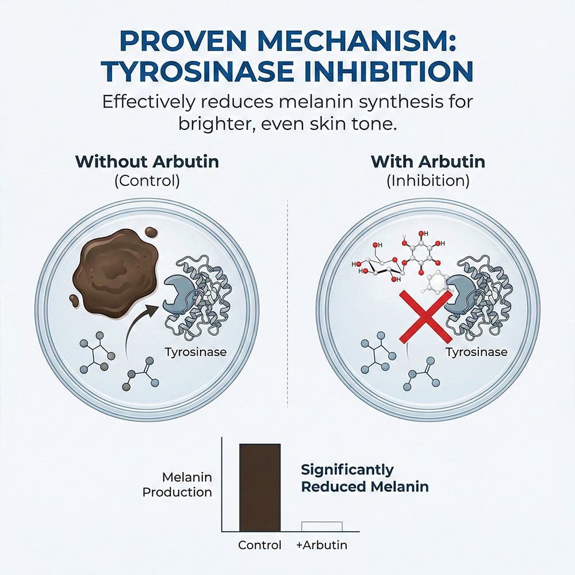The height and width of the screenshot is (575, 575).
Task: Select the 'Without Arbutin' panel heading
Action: pyautogui.click(x=147, y=162)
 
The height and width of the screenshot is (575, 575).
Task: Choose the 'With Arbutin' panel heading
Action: pyautogui.click(x=428, y=162)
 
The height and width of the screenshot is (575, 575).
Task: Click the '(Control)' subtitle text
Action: pyautogui.click(x=147, y=181)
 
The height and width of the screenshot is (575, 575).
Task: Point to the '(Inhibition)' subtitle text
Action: pyautogui.click(x=428, y=181)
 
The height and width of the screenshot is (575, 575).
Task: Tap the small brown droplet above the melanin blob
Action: pyautogui.click(x=151, y=232)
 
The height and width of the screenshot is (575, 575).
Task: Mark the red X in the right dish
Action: pyautogui.click(x=425, y=316)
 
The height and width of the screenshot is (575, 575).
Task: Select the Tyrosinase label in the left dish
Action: pyautogui.click(x=195, y=352)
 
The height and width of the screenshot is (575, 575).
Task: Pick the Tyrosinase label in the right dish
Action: pyautogui.click(x=476, y=352)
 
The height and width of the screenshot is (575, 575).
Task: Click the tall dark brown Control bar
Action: pyautogui.click(x=260, y=488)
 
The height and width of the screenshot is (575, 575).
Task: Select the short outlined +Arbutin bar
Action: pyautogui.click(x=321, y=526)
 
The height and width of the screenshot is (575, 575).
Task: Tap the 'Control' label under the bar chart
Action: pyautogui.click(x=260, y=545)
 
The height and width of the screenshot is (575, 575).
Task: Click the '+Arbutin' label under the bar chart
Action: pyautogui.click(x=321, y=545)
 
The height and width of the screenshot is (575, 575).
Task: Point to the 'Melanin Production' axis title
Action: pyautogui.click(x=177, y=484)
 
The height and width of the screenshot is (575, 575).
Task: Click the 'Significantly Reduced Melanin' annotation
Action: pyautogui.click(x=365, y=478)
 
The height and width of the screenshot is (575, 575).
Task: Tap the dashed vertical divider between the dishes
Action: pyautogui.click(x=287, y=304)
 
